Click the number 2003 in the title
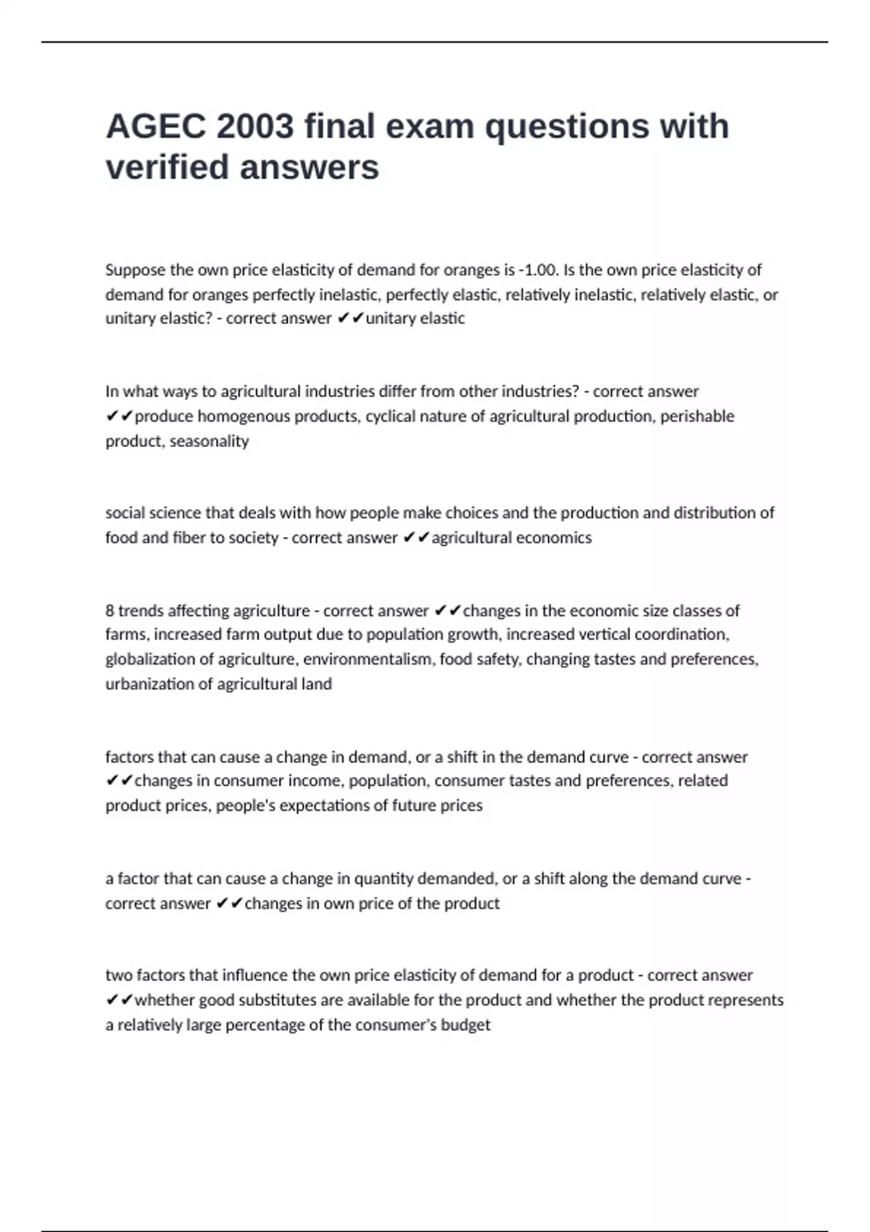click(254, 127)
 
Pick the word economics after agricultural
click(553, 538)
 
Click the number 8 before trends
click(109, 611)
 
